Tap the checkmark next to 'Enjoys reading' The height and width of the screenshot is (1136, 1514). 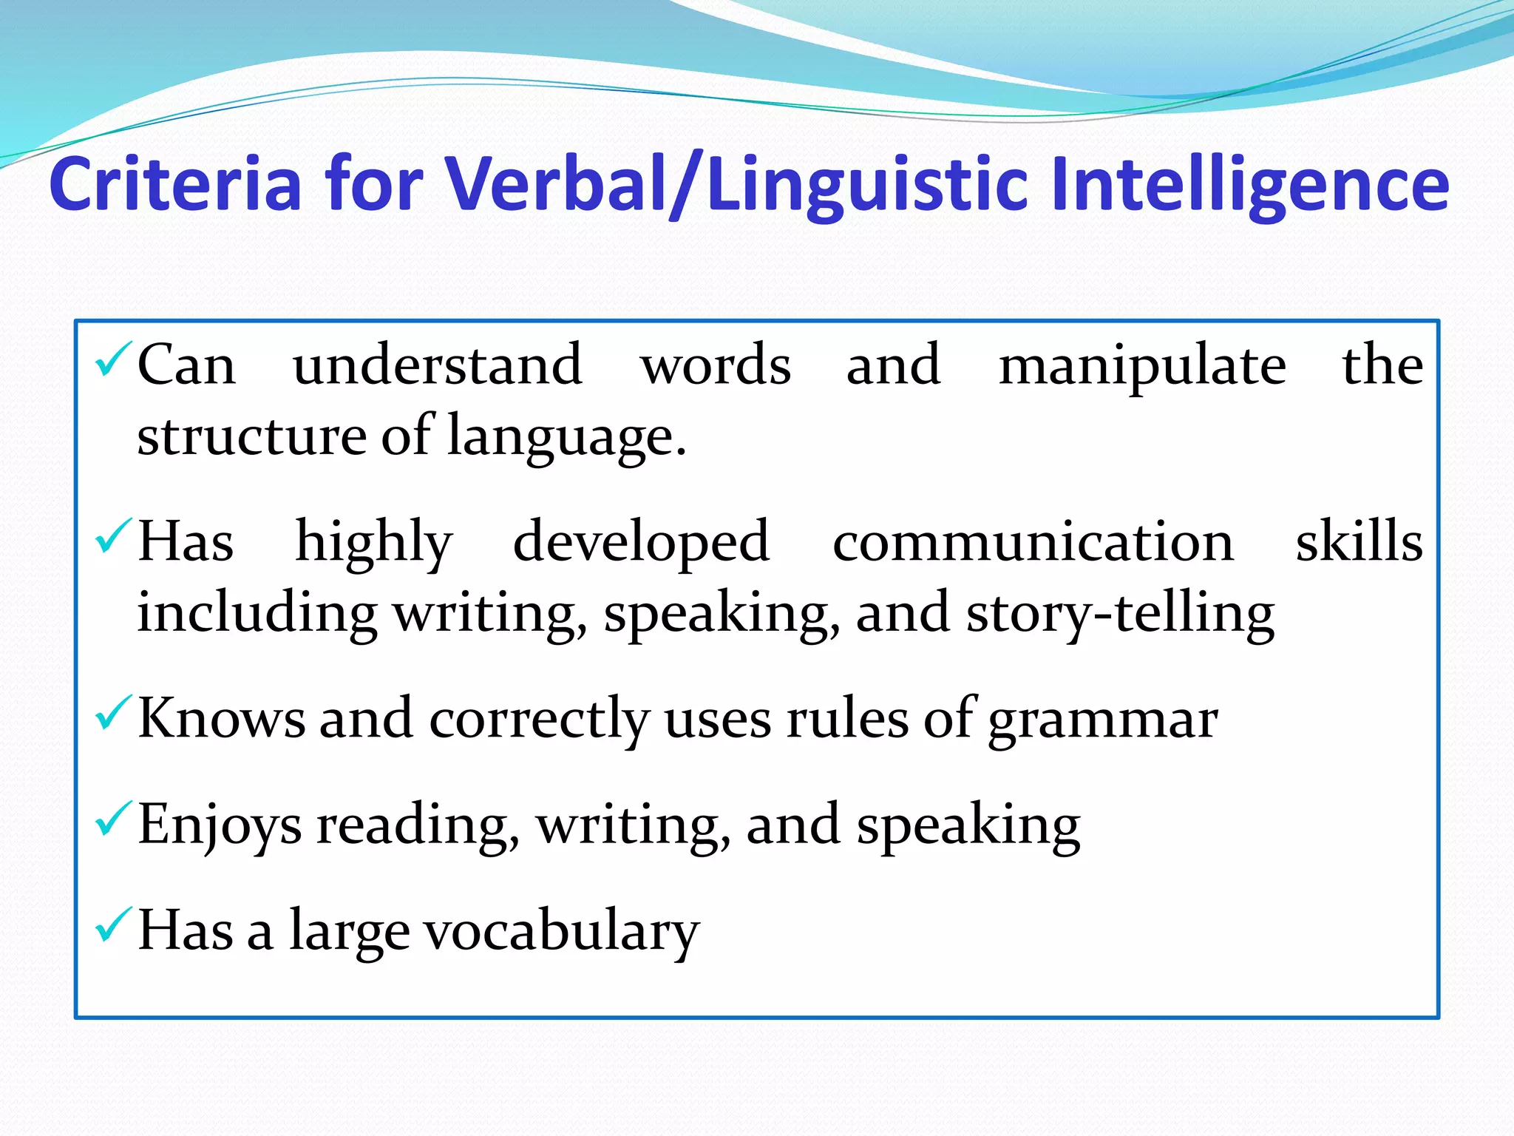[x=113, y=819]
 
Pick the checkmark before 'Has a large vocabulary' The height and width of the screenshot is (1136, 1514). [x=113, y=924]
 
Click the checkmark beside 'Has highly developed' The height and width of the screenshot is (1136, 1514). [x=113, y=536]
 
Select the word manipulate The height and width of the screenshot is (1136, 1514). [x=1142, y=366]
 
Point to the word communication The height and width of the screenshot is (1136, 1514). [x=1033, y=542]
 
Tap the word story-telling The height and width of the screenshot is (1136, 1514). [x=1120, y=614]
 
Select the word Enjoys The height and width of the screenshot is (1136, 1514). [x=220, y=826]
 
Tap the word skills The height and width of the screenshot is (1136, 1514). [x=1359, y=541]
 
